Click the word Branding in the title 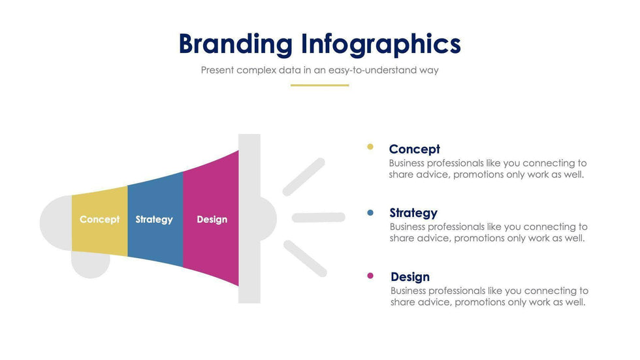point(236,44)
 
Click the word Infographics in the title point(381,44)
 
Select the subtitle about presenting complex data point(319,70)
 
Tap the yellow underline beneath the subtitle point(319,86)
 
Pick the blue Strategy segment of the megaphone point(155,220)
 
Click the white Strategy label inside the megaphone point(154,220)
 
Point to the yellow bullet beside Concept point(370,147)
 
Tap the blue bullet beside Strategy point(370,212)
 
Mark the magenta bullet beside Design point(370,276)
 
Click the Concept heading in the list point(414,150)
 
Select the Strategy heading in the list point(413,213)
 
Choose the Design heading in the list point(410,277)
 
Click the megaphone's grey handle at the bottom point(91,265)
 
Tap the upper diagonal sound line point(304,177)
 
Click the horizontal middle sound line point(319,218)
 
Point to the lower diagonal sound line point(306,259)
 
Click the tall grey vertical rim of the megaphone point(249,218)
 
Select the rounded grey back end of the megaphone point(56,223)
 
